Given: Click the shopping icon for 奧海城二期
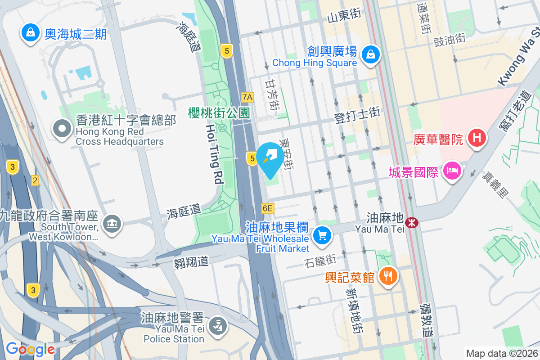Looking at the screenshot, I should pos(30,33).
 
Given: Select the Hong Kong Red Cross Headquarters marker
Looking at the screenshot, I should pos(62,129).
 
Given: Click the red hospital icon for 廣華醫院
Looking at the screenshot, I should pos(477,138).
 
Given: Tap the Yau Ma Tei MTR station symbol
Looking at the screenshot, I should pos(411,222).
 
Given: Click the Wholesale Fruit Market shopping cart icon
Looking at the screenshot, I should pos(322,235).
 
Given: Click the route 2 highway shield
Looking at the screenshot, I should pos(35,181).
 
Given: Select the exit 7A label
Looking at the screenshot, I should pos(247,97).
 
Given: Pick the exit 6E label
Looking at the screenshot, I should pos(267,208).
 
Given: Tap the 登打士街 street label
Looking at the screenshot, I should pos(357,115).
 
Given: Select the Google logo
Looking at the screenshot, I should pos(30,349).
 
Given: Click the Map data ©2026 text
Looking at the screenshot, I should pos(501,353).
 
